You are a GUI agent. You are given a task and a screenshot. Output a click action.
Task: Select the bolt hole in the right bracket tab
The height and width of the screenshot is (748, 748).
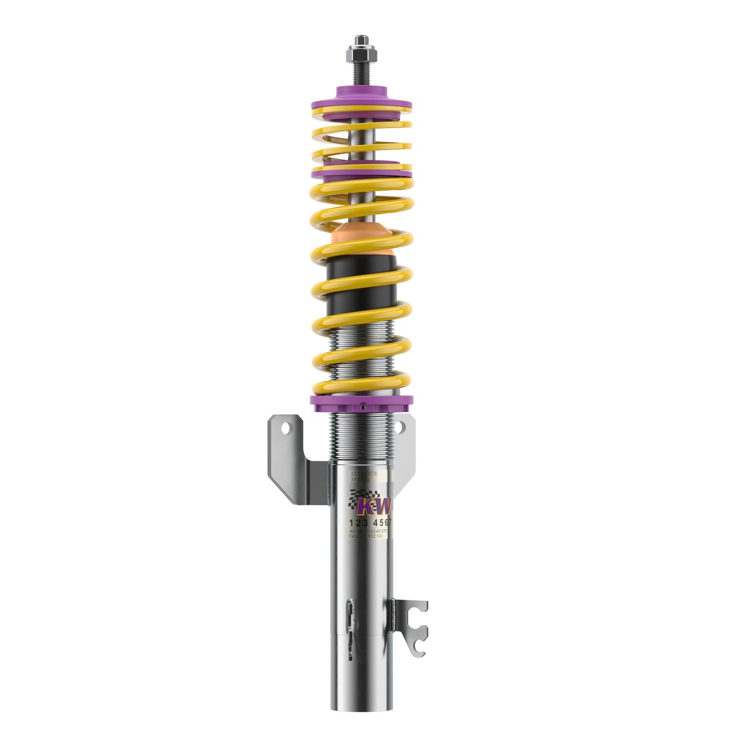tap(401, 426)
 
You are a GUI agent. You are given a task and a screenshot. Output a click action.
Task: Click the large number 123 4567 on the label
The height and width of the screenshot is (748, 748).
tap(370, 523)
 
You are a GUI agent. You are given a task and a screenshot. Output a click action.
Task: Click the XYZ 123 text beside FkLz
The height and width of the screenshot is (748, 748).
tap(375, 536)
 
